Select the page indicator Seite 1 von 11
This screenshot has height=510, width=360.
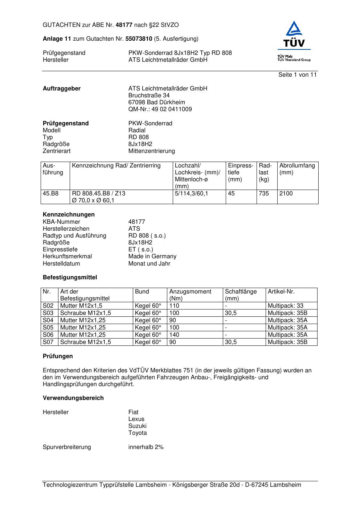click(x=297, y=75)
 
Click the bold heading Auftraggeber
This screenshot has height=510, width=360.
click(x=62, y=89)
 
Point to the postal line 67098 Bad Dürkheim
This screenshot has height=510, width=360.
click(x=156, y=102)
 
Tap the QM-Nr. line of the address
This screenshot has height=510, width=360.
click(x=160, y=109)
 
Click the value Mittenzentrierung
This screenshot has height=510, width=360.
click(x=151, y=151)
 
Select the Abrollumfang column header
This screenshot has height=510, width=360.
click(x=297, y=169)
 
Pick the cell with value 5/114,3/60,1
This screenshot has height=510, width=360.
click(x=191, y=194)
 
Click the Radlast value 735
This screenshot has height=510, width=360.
click(x=264, y=194)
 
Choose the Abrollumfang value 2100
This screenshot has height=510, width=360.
click(x=286, y=194)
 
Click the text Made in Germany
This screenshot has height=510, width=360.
click(x=152, y=256)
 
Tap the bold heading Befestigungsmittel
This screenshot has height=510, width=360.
click(x=70, y=278)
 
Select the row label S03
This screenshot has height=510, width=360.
click(x=48, y=313)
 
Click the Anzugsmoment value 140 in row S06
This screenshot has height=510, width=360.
click(x=174, y=335)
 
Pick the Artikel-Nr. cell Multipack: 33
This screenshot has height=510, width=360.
click(x=285, y=306)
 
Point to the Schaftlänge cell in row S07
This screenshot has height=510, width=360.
click(x=231, y=342)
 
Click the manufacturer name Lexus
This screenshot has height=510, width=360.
click(x=136, y=419)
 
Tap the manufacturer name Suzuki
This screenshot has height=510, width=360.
click(x=137, y=426)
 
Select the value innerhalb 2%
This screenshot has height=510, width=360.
click(x=146, y=447)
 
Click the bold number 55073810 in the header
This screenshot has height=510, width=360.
click(x=139, y=39)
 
